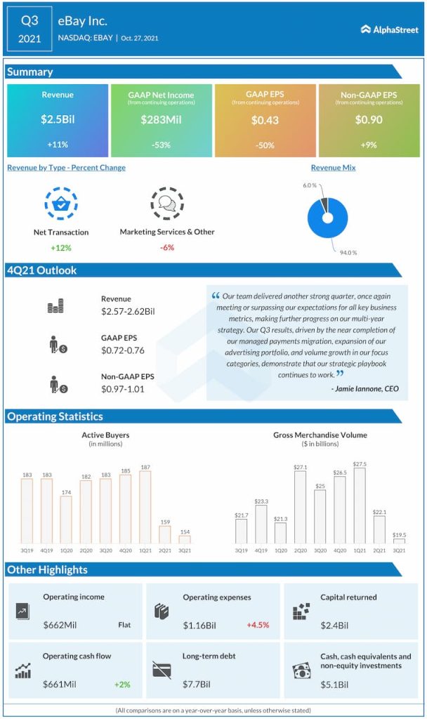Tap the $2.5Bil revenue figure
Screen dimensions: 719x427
(x=58, y=120)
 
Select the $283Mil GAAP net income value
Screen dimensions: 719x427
(x=161, y=120)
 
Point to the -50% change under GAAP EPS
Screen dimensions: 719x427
(x=265, y=145)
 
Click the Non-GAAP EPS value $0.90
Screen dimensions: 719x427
(x=369, y=120)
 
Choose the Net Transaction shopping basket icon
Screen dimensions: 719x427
(x=61, y=204)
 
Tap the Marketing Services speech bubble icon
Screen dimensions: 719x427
(x=167, y=204)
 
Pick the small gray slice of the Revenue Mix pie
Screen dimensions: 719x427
(x=323, y=204)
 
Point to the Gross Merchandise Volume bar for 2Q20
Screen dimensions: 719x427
(x=300, y=507)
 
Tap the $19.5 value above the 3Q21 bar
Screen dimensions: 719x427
(x=399, y=534)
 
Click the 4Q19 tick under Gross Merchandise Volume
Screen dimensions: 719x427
(x=261, y=551)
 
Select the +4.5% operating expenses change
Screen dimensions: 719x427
(x=258, y=625)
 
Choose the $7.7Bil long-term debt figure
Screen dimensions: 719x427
(x=197, y=684)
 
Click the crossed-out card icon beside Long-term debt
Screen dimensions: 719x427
(x=162, y=671)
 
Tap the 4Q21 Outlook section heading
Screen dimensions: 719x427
(x=42, y=270)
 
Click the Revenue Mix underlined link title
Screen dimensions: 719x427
(x=333, y=168)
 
